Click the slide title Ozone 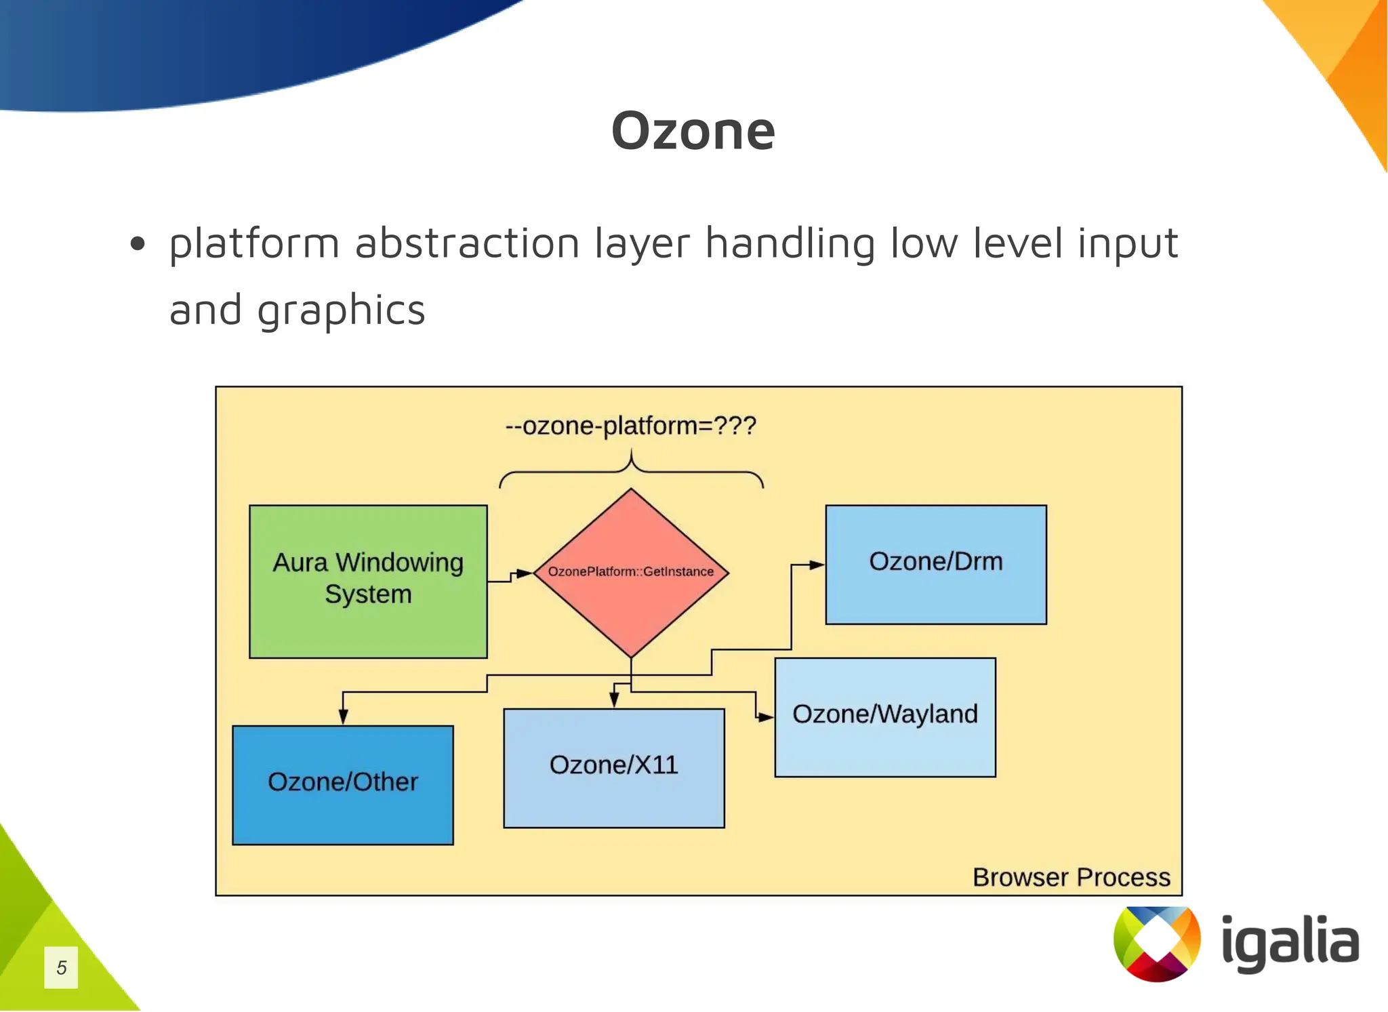[x=693, y=131]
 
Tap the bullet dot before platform [x=138, y=244]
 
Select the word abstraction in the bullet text [x=467, y=243]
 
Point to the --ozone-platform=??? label [x=630, y=426]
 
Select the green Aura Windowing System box [x=368, y=581]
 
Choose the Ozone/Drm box [x=935, y=564]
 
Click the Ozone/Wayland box [x=884, y=716]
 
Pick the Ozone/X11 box [x=613, y=767]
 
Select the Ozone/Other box [x=342, y=784]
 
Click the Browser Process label [x=1071, y=877]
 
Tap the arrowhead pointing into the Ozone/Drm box [x=817, y=564]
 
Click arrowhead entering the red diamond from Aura [x=525, y=573]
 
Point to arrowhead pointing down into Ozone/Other [x=343, y=716]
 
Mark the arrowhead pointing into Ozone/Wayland [x=766, y=716]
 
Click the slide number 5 [x=61, y=967]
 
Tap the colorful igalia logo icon [x=1156, y=943]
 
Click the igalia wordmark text [x=1290, y=943]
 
